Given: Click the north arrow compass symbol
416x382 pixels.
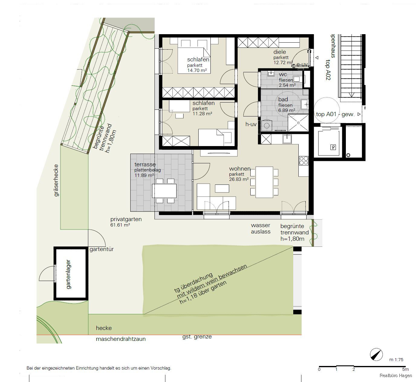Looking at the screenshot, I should (376, 354).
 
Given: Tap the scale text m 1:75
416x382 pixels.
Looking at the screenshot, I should (396, 360).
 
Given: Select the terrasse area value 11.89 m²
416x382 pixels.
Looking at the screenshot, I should (144, 175).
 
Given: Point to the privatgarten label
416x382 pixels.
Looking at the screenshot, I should (126, 219).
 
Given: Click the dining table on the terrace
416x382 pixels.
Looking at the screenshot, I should (164, 191).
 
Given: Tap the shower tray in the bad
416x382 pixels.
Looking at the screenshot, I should (298, 123).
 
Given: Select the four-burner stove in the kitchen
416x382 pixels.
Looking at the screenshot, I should (304, 160).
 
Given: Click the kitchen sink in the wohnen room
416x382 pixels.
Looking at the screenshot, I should (287, 139).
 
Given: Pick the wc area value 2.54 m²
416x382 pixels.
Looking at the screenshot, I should (287, 85).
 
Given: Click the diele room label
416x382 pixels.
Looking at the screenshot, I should (279, 52).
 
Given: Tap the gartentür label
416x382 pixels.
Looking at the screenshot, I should (102, 249).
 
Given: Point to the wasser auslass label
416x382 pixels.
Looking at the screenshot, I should (261, 228).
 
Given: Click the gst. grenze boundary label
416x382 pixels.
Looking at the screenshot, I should (197, 337).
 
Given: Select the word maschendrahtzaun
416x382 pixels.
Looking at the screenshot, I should (121, 339).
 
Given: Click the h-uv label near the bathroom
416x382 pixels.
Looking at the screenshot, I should (251, 124).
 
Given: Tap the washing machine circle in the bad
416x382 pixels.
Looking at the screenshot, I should (267, 125).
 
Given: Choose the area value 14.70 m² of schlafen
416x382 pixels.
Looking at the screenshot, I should (197, 70).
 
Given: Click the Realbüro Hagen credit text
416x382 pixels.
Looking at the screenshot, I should (395, 376).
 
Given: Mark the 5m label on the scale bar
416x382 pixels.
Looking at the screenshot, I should (405, 369).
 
